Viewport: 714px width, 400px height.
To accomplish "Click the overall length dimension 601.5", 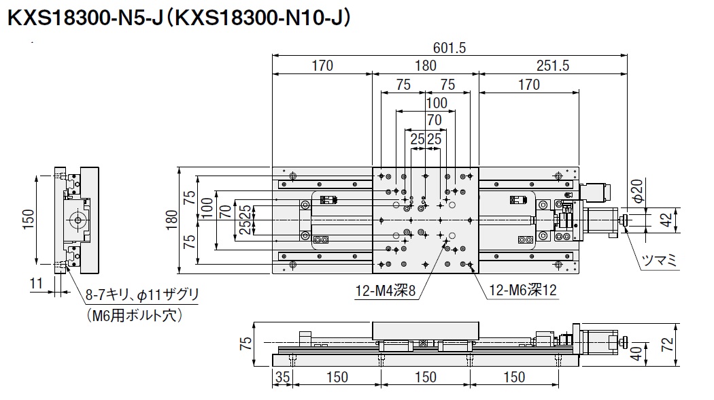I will (449, 48).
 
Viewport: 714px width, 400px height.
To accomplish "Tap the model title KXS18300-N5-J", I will (84, 18).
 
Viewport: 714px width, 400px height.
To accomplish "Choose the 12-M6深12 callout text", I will (522, 290).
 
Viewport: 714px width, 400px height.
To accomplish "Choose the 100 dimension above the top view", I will (436, 103).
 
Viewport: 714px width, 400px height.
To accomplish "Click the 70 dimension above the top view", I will (435, 120).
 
